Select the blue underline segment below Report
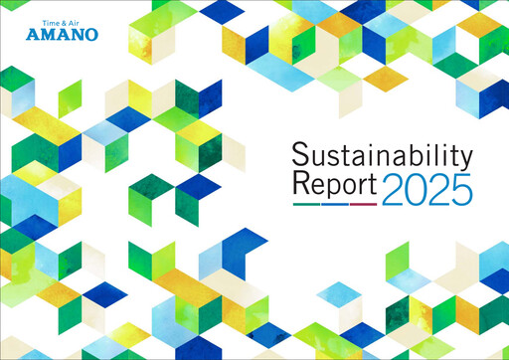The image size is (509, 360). [335, 203]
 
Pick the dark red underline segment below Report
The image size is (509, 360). [363, 203]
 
